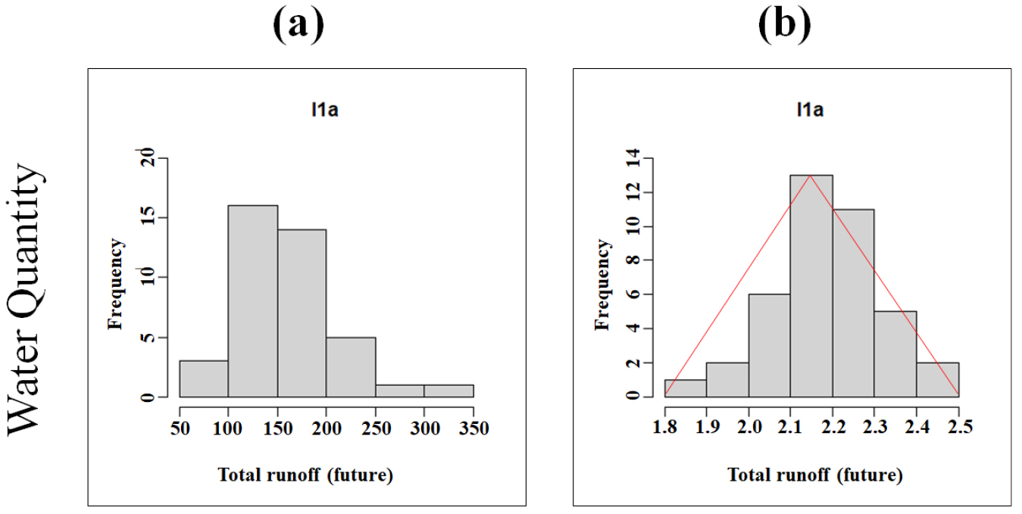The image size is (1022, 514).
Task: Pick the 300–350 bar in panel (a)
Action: pos(448,391)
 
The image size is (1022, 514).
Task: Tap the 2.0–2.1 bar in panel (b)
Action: pos(770,345)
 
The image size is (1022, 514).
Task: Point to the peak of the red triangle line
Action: pos(810,175)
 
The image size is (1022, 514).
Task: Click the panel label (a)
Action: pos(298,25)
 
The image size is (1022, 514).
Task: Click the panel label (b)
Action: pos(784,25)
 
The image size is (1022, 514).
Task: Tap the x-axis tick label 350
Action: pos(473,428)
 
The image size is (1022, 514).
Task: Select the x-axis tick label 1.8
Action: pos(664,428)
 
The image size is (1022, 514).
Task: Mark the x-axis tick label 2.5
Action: pos(958,428)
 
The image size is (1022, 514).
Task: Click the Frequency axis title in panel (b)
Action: pos(603,285)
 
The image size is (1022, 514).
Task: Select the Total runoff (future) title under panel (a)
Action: pos(305,475)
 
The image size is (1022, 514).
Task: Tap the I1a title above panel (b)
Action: pos(810,111)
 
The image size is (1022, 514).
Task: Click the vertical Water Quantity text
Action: pos(27,300)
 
